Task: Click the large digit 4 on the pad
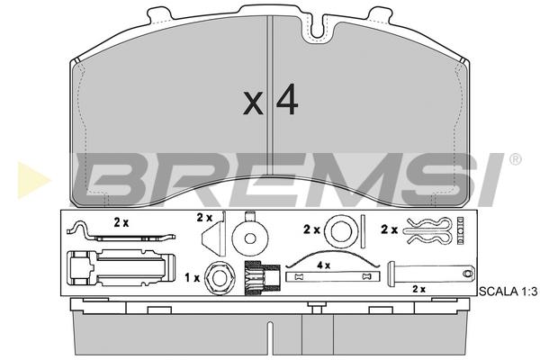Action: (x=287, y=100)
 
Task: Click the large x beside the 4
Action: (x=253, y=103)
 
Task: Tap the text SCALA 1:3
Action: (x=508, y=292)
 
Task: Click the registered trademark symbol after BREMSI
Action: (x=515, y=159)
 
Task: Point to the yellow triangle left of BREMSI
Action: (x=32, y=181)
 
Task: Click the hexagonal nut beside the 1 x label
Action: (x=220, y=278)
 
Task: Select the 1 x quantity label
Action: (x=193, y=278)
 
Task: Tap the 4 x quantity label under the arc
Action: (x=323, y=265)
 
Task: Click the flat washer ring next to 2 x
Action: (x=341, y=230)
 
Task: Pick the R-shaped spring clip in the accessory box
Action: (x=427, y=230)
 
